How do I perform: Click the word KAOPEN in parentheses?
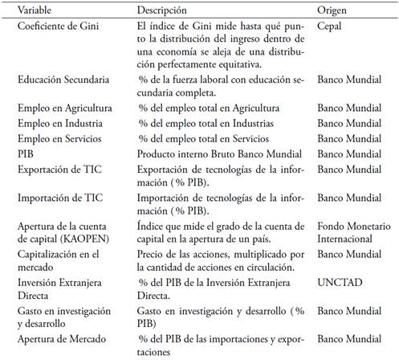[88, 238]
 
